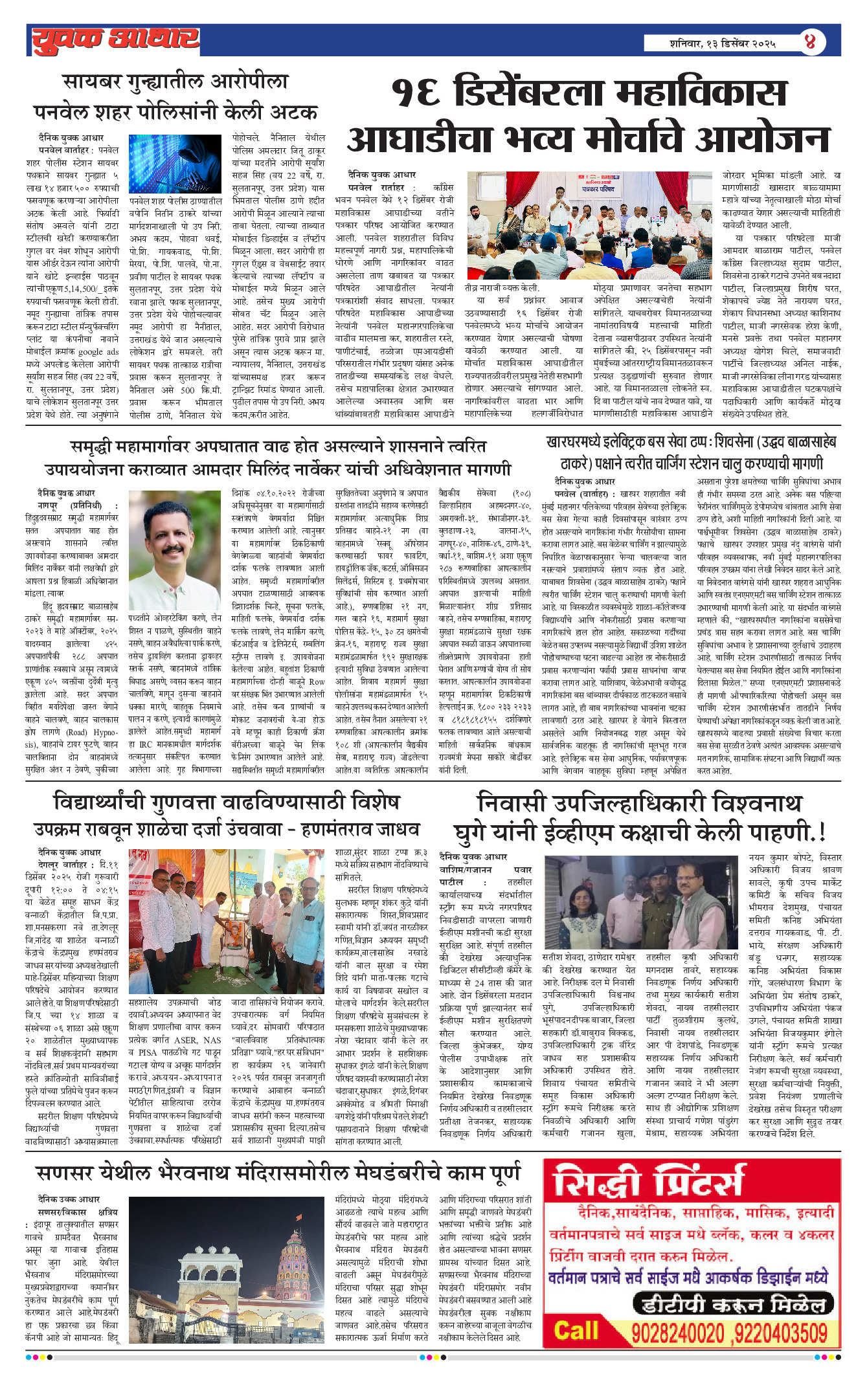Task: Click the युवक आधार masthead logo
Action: pyautogui.click(x=115, y=40)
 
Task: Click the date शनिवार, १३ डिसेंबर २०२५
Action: pyautogui.click(x=722, y=44)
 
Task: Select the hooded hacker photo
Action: pyautogui.click(x=175, y=164)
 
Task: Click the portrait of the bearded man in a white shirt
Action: pyautogui.click(x=174, y=550)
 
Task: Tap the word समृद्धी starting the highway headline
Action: pyautogui.click(x=98, y=447)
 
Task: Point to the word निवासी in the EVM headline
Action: pyautogui.click(x=511, y=803)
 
